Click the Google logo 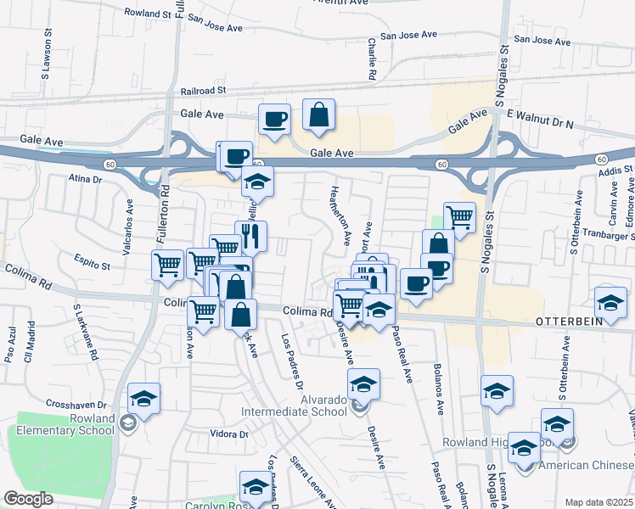(29, 499)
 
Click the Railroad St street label (203, 90)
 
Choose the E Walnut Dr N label (540, 125)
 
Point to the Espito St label (93, 266)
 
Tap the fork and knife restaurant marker (251, 237)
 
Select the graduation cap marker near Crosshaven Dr (144, 399)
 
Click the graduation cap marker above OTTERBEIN (610, 302)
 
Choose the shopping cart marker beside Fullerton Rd (167, 265)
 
